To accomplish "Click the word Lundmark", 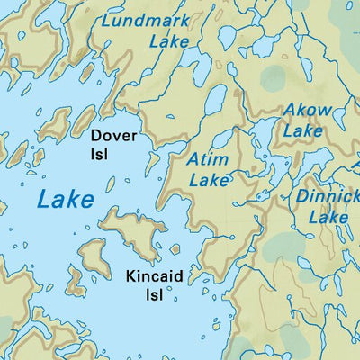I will [x=147, y=20].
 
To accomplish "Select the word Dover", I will [x=113, y=136].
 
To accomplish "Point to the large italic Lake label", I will [x=65, y=198].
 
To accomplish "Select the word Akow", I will [x=308, y=112].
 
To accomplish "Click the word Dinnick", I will [x=328, y=197].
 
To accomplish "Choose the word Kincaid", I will [x=155, y=276].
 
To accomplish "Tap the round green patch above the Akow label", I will [x=276, y=77].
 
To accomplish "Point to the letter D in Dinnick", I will [x=303, y=197].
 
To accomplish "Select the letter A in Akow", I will [x=291, y=112].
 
